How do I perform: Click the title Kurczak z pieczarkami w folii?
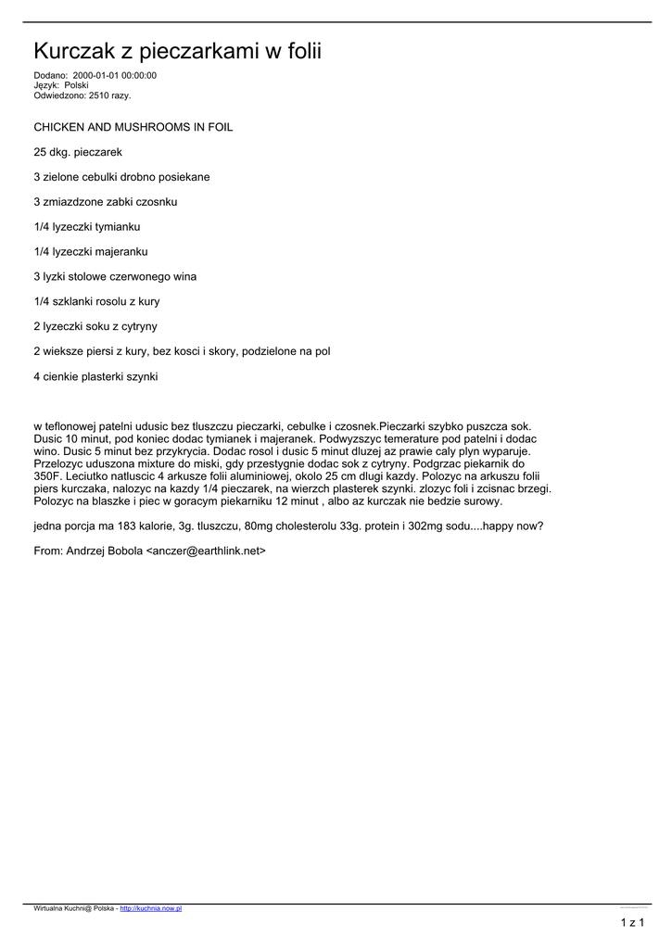coord(177,50)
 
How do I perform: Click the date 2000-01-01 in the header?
coord(95,75)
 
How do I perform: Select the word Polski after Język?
coord(76,84)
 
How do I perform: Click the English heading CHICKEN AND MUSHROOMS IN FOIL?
coord(133,126)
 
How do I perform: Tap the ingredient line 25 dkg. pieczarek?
coord(78,151)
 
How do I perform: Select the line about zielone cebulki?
coord(121,176)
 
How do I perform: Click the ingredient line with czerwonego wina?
coord(115,276)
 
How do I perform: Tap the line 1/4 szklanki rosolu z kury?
coord(96,301)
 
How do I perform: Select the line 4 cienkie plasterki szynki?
coord(95,376)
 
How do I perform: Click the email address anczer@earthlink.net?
coord(207,550)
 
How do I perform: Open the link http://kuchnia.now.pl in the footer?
coord(151,909)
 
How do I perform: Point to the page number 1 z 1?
coord(632,923)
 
